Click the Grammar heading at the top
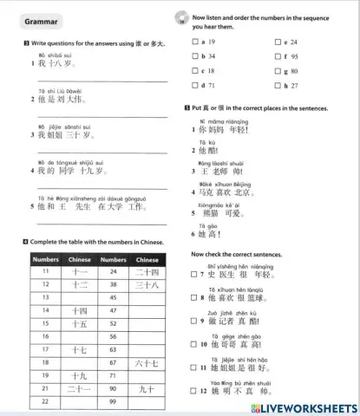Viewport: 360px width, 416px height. click(37, 20)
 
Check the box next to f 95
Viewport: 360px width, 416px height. click(278, 56)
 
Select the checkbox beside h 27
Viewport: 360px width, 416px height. click(278, 86)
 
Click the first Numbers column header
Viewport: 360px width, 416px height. click(45, 258)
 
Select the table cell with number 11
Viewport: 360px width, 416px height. click(45, 271)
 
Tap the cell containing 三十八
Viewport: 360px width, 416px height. click(147, 284)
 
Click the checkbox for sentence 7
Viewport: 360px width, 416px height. click(193, 275)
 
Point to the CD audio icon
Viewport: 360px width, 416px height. click(180, 16)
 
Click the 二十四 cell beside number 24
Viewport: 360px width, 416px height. click(147, 271)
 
